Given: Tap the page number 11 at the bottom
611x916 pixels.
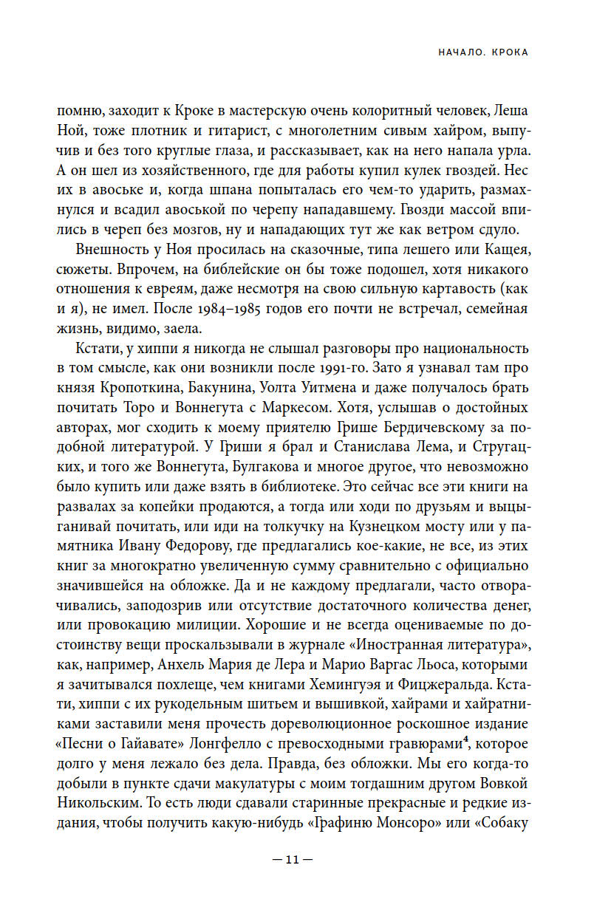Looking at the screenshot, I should (x=293, y=860).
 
